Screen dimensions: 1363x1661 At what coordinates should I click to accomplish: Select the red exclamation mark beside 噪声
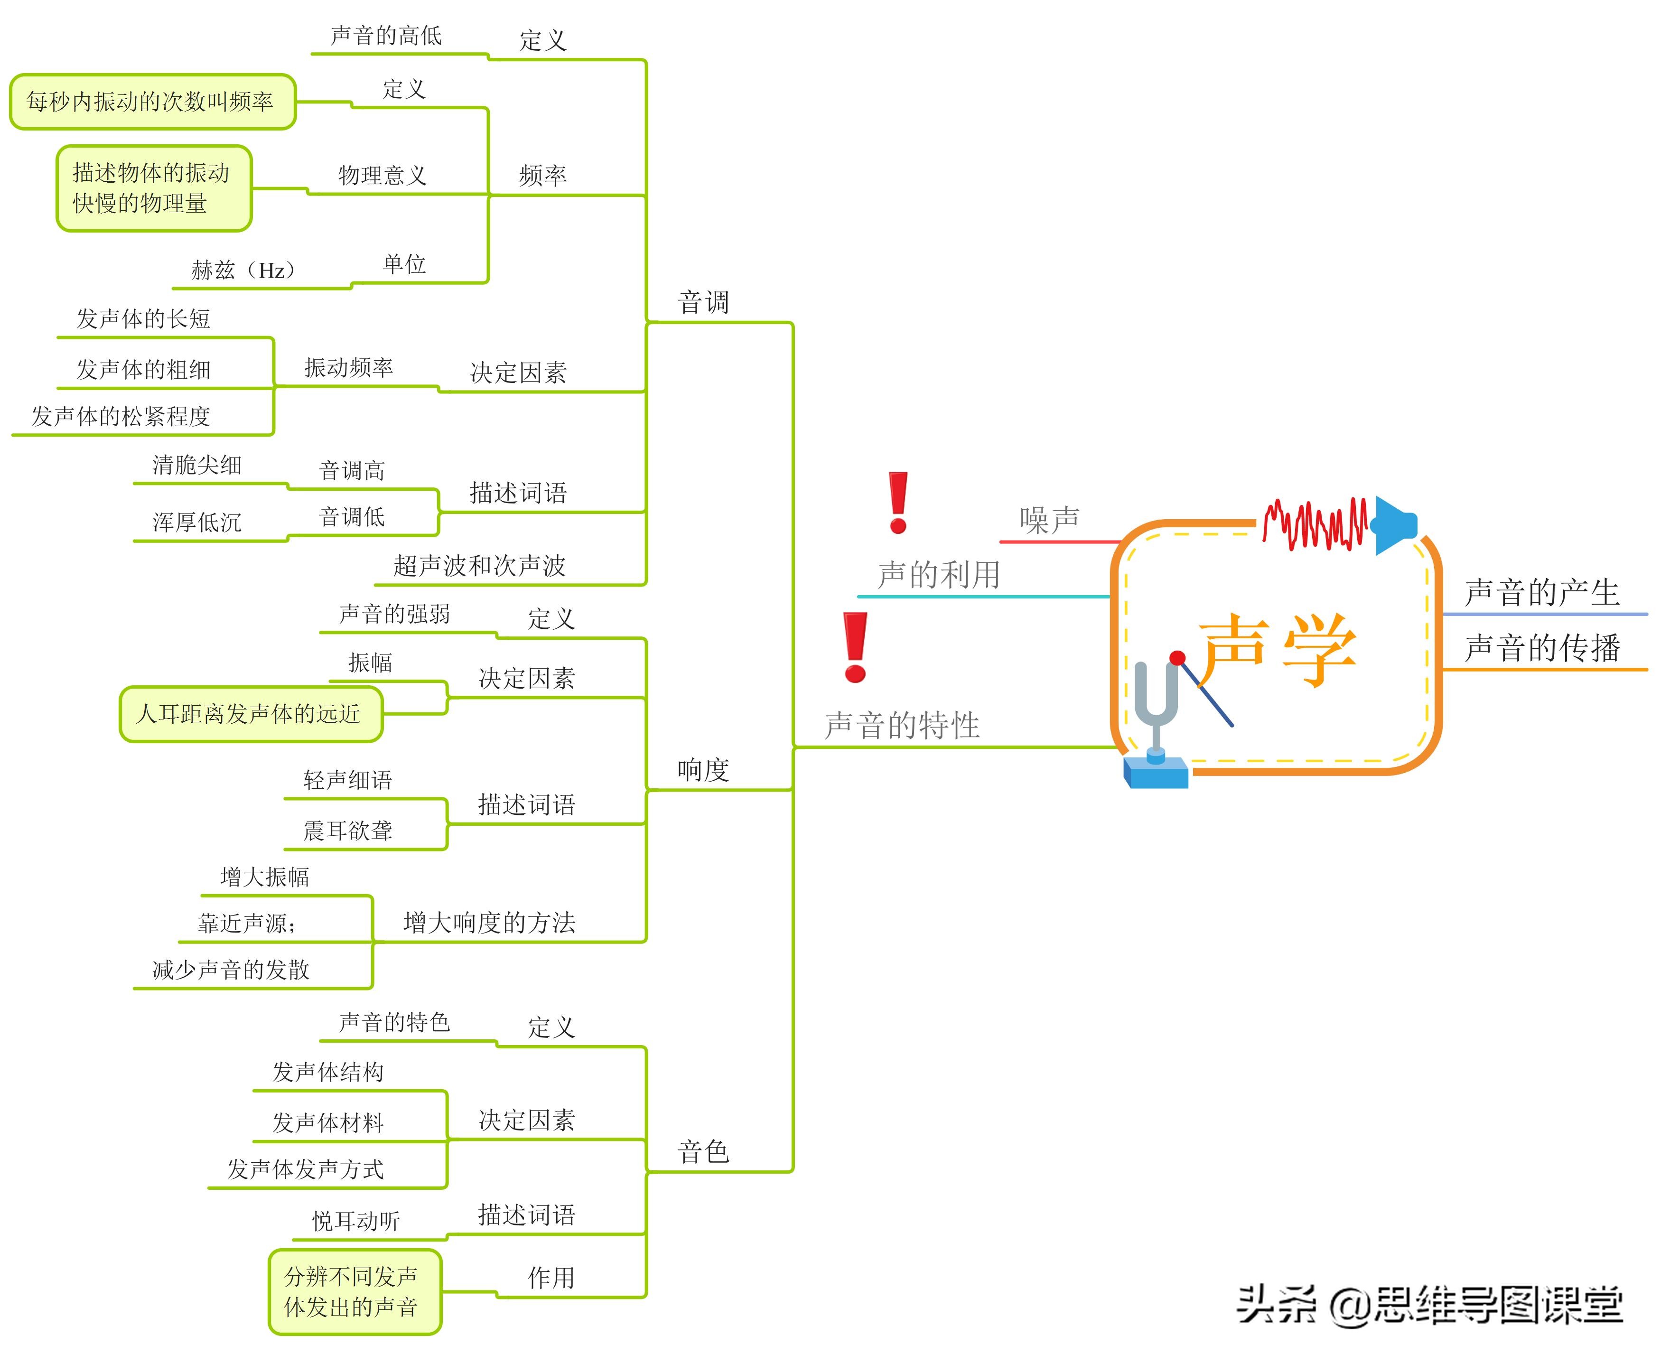pos(898,503)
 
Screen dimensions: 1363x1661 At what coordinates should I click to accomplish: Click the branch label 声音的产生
pos(1542,592)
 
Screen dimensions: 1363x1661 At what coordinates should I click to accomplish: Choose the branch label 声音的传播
pos(1542,648)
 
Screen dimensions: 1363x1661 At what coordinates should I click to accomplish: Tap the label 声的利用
pos(939,575)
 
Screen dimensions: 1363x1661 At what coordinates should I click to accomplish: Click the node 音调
pos(703,302)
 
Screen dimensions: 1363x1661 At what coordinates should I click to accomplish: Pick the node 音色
pos(703,1152)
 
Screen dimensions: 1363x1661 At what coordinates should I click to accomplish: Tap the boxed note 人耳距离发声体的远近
pos(250,714)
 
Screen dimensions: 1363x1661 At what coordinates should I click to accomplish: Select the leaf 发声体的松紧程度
pos(121,416)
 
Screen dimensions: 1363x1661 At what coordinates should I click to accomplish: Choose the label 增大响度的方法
pos(489,923)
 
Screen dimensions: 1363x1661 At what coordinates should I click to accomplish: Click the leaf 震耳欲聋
pos(348,831)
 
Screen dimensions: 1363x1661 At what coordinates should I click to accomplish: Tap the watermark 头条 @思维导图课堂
pos(1428,1306)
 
